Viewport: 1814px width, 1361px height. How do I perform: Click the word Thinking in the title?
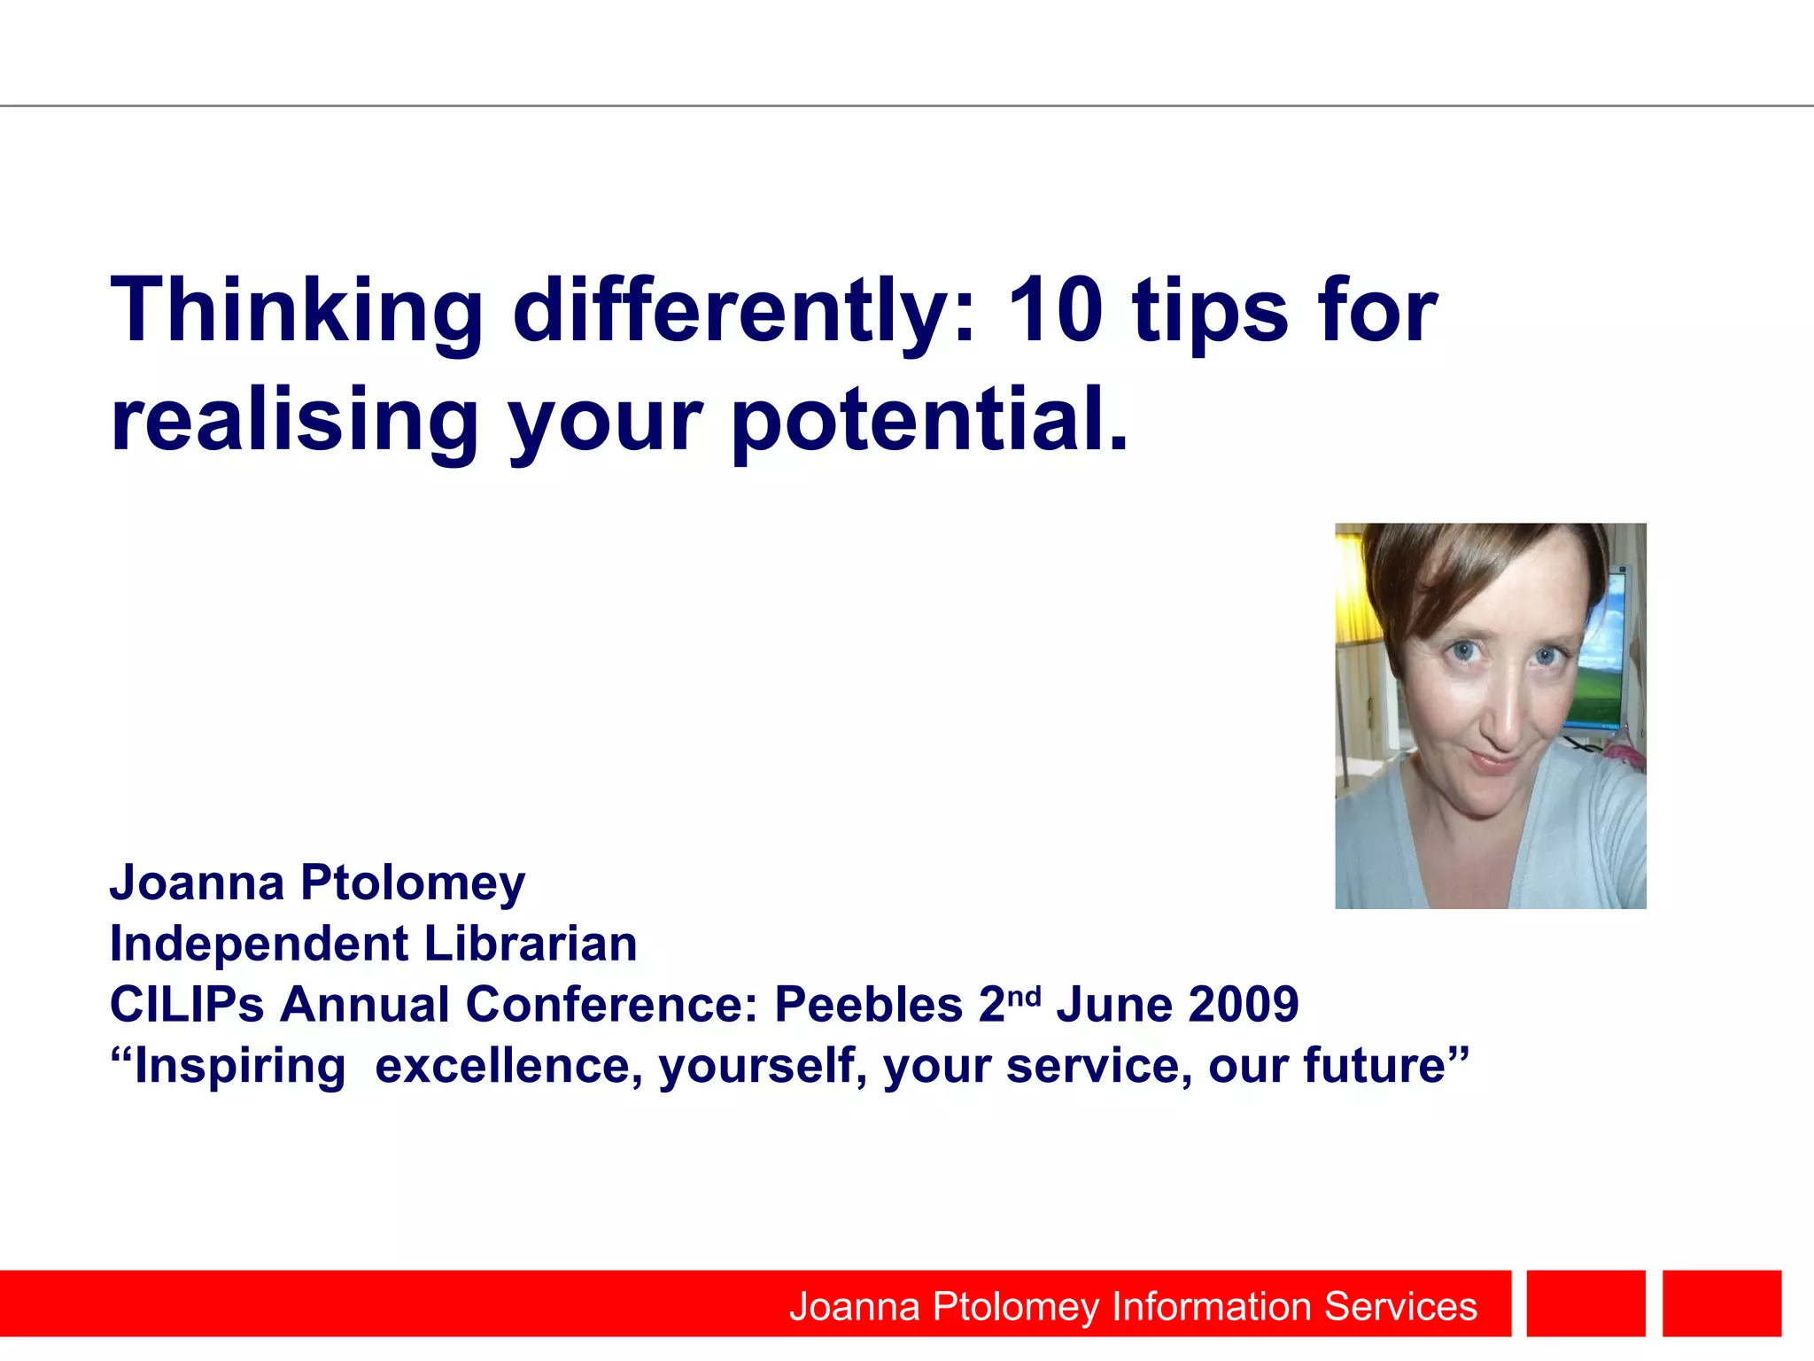(x=296, y=312)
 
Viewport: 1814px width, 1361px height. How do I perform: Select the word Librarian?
(x=531, y=944)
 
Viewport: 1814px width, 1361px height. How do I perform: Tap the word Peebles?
(x=868, y=1005)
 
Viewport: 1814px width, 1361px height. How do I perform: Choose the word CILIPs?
(x=187, y=1005)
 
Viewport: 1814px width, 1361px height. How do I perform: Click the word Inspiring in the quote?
(x=239, y=1066)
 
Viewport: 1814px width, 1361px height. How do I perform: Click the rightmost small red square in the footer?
(x=1721, y=1303)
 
